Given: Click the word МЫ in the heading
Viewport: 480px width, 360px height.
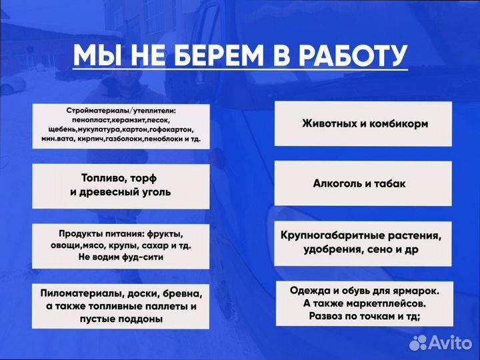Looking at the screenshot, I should coord(97,55).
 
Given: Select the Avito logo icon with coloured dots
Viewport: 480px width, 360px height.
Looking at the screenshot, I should coord(419,342).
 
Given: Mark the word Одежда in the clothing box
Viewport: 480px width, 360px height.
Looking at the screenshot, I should coord(309,291).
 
